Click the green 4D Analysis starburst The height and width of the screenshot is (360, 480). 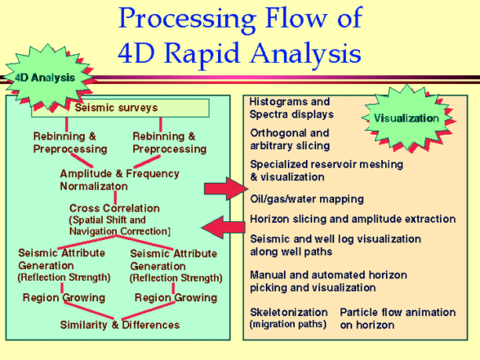click(45, 78)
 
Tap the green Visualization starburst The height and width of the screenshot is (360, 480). click(405, 118)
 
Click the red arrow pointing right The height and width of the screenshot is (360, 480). click(223, 189)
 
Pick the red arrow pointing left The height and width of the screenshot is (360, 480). click(222, 227)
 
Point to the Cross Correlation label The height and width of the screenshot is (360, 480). click(115, 209)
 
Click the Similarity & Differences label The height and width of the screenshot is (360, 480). click(120, 325)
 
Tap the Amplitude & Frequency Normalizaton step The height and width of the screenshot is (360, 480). click(119, 180)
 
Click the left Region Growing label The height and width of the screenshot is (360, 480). click(64, 297)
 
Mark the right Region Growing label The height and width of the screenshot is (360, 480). click(176, 297)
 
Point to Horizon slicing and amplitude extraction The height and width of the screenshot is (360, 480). click(352, 219)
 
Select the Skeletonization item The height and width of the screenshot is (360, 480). click(289, 318)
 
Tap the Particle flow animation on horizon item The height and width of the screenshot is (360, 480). click(397, 318)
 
